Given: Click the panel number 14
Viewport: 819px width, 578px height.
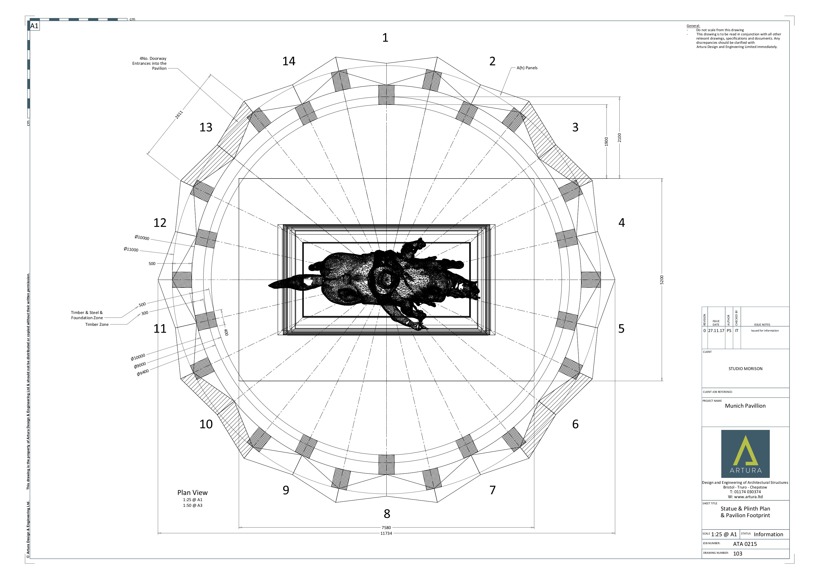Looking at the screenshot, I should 289,61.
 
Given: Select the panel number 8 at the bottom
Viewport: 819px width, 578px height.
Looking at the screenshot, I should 387,514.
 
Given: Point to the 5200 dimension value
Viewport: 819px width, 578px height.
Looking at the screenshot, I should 662,280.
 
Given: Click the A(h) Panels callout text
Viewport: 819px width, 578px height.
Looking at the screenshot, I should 527,68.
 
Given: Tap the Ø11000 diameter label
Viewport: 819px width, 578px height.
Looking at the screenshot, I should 131,249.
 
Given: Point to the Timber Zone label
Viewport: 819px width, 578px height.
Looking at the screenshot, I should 97,325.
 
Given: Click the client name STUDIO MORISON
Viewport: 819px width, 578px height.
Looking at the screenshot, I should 745,369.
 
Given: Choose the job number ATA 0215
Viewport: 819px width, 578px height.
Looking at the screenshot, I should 745,544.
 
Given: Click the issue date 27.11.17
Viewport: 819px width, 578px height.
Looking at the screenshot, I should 716,331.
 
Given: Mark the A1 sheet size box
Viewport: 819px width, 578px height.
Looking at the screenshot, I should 34,26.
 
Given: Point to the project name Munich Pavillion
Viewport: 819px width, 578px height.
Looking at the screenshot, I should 745,406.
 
